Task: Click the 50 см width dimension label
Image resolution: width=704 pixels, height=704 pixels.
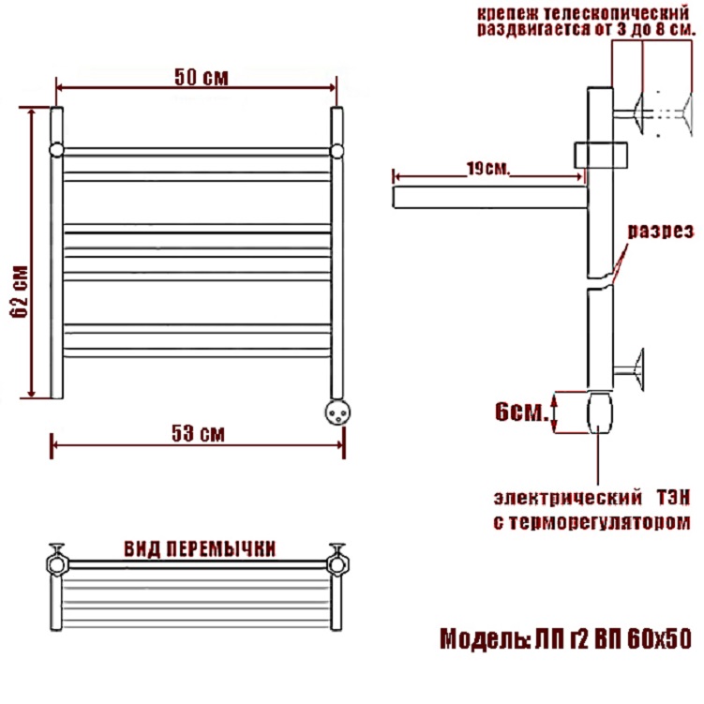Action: click(202, 77)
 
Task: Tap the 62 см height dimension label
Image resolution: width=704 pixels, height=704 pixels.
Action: click(21, 292)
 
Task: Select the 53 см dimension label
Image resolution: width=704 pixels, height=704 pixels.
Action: click(198, 433)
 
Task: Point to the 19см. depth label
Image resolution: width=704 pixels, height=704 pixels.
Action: click(488, 169)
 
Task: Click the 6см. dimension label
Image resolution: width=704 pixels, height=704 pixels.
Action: click(522, 412)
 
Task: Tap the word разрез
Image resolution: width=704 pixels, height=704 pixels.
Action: click(661, 232)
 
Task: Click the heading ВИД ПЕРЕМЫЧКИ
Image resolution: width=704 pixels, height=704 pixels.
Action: click(200, 549)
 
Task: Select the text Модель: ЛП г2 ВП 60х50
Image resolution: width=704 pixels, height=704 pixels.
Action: click(565, 639)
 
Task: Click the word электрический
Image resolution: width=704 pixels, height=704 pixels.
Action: click(568, 498)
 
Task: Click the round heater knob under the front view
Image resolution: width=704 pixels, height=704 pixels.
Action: click(337, 412)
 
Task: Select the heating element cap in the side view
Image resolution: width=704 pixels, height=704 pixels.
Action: click(600, 412)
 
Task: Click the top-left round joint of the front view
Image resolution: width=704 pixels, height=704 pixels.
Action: click(56, 150)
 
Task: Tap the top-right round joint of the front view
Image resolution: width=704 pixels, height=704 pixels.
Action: click(337, 151)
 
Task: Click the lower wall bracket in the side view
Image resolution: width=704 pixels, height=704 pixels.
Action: click(629, 369)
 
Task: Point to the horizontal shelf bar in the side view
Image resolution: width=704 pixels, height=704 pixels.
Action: click(490, 198)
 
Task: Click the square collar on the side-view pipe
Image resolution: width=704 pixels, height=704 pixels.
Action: click(601, 155)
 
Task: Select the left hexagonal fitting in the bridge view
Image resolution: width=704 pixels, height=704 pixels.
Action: click(57, 564)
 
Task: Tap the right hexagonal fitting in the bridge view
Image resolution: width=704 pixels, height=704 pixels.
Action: click(337, 564)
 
